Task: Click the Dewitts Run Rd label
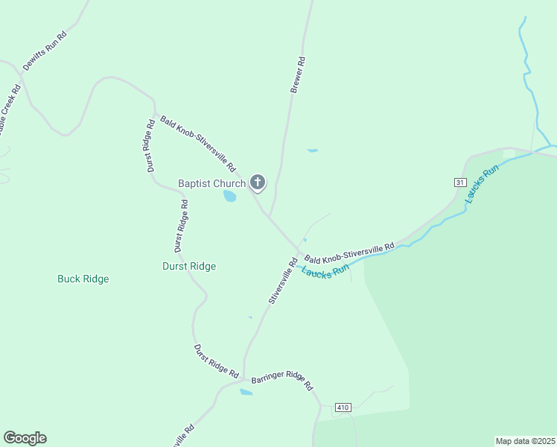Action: pyautogui.click(x=45, y=51)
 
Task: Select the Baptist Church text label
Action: pyautogui.click(x=211, y=183)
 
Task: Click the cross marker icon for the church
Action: pyautogui.click(x=258, y=183)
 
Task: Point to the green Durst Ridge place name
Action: pyautogui.click(x=189, y=266)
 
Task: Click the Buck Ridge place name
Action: pyautogui.click(x=83, y=279)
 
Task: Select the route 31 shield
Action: pyautogui.click(x=460, y=183)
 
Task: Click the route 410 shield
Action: pyautogui.click(x=343, y=408)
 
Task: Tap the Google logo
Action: pyautogui.click(x=25, y=438)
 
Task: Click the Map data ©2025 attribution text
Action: pyautogui.click(x=525, y=440)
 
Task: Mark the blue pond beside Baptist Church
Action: pyautogui.click(x=230, y=197)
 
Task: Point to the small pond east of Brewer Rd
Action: pyautogui.click(x=313, y=150)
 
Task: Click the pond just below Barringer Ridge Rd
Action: pyautogui.click(x=246, y=392)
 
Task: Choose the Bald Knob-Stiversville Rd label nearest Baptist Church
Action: pyautogui.click(x=197, y=143)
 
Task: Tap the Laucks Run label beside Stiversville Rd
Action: pyautogui.click(x=325, y=271)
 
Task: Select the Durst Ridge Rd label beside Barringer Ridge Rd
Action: pyautogui.click(x=216, y=361)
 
